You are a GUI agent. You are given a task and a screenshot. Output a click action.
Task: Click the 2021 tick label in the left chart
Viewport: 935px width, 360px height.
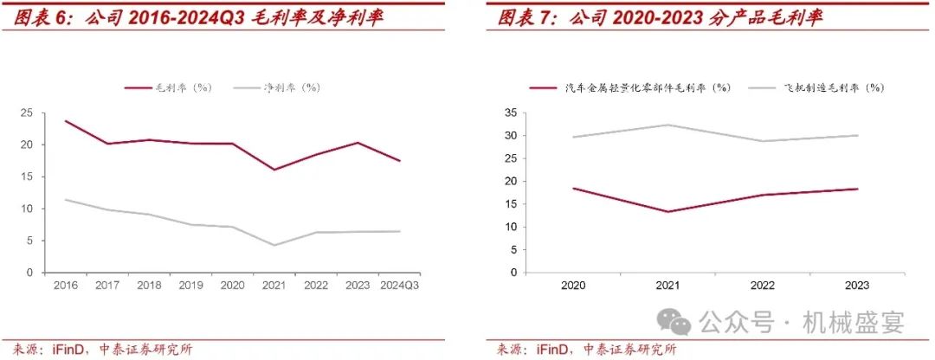point(274,285)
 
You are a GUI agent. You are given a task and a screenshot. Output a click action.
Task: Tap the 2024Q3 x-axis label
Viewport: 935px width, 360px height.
point(399,285)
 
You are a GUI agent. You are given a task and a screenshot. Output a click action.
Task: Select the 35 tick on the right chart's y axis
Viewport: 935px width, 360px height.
point(510,112)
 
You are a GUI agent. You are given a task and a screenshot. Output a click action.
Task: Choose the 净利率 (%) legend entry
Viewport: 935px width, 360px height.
point(291,87)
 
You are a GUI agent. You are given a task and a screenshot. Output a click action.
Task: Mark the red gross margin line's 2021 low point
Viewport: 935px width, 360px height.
point(274,170)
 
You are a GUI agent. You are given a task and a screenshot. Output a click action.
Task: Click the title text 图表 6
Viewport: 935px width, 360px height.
point(40,18)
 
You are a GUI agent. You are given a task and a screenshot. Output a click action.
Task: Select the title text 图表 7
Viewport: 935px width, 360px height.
point(524,18)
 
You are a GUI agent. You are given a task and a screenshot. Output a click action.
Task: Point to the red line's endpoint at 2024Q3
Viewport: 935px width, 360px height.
point(400,161)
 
